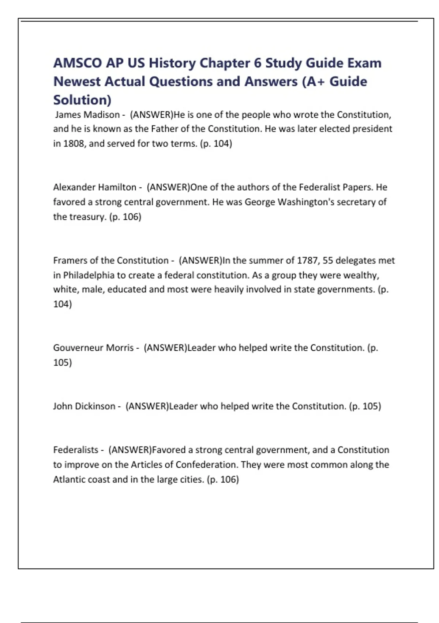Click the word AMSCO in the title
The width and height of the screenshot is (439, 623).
coord(78,63)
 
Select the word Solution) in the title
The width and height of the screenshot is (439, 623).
coord(82,100)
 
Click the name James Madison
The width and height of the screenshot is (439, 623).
coord(87,115)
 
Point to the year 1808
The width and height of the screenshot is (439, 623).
coord(74,143)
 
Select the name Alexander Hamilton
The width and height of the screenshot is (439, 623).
coord(95,187)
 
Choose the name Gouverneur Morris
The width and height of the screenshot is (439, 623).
coord(93,348)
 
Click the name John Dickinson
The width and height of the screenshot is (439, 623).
coord(84,406)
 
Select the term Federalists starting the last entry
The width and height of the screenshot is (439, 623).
coord(76,450)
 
